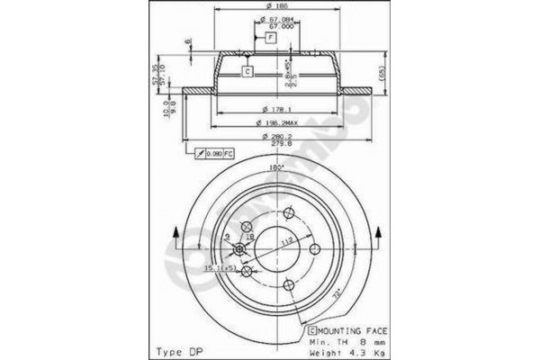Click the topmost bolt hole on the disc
tap(287, 212)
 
